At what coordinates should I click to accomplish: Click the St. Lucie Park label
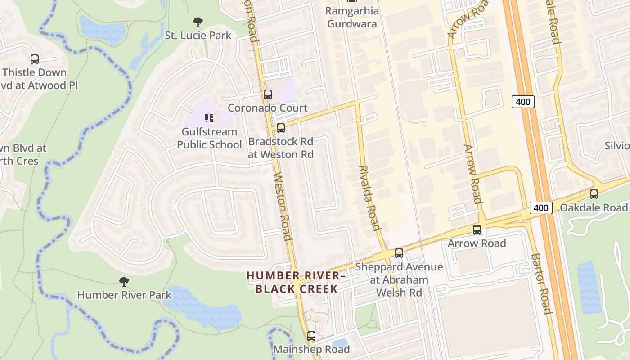pos(198,36)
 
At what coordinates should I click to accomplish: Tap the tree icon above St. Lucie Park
pos(198,22)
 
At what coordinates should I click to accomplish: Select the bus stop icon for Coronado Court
pos(268,94)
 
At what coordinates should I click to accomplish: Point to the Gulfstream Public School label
pos(209,138)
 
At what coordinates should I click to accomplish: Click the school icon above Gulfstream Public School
pos(209,118)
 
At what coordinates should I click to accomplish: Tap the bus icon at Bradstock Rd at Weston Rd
pos(281,128)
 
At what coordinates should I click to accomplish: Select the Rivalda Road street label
pos(370,198)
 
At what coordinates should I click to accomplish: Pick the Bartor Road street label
pos(541,283)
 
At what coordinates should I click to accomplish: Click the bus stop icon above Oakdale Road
pos(594,194)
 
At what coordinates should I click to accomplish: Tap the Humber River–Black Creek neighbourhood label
pos(297,282)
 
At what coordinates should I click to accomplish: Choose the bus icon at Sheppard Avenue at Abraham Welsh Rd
pos(399,253)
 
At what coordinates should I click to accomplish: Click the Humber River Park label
pos(124,295)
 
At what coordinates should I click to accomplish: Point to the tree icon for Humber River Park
pos(124,282)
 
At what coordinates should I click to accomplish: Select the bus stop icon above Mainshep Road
pos(311,336)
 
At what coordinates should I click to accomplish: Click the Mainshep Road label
pos(311,349)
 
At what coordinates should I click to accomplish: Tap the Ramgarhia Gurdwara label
pos(352,17)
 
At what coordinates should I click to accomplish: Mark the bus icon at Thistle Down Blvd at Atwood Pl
pos(35,59)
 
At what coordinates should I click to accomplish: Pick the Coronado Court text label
pos(268,108)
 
